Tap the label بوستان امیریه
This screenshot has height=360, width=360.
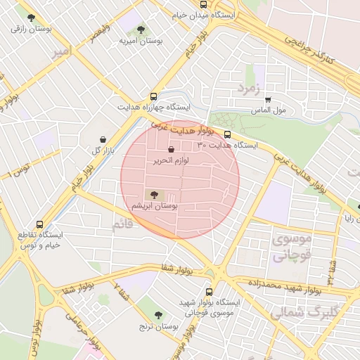[x=141, y=42]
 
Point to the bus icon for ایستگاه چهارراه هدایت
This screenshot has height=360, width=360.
[x=153, y=96]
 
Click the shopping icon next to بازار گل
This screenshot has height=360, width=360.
[x=104, y=139]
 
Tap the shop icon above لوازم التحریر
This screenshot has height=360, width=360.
[x=172, y=149]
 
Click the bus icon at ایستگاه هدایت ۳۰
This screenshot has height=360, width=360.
[x=226, y=134]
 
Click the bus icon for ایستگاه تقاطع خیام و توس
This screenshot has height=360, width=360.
[x=39, y=223]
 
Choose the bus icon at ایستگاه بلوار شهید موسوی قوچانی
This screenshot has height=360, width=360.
[x=209, y=292]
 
